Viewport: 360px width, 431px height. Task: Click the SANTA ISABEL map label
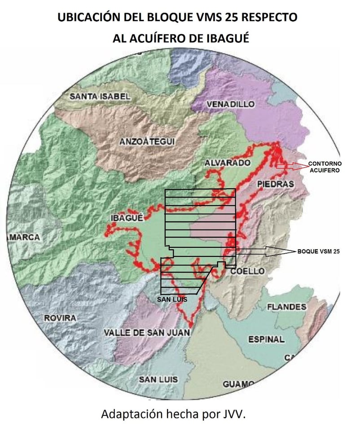pos(100,96)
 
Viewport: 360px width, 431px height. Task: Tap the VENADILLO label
pos(230,104)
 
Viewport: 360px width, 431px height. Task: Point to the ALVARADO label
pos(227,163)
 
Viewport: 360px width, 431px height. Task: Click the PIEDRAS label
pos(276,184)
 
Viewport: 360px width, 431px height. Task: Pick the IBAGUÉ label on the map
pos(126,218)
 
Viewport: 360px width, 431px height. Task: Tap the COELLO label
pos(248,271)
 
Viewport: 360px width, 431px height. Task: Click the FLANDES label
pos(286,307)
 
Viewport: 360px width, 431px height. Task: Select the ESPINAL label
pos(266,339)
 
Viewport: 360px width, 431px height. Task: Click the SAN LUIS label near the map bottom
pos(158,379)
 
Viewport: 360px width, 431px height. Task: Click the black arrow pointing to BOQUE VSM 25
pos(265,252)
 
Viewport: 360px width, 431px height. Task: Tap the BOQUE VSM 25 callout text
pos(318,252)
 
